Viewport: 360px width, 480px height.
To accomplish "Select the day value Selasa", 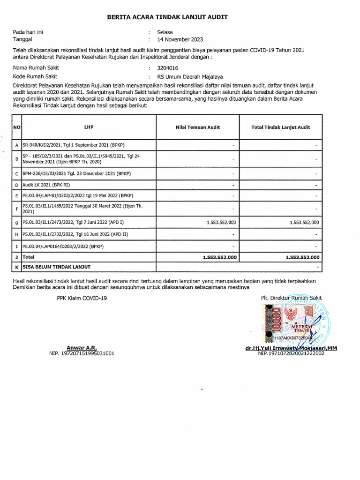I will click(x=165, y=32).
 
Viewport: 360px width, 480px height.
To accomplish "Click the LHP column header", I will click(x=89, y=127).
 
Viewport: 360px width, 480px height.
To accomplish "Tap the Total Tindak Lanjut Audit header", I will click(x=280, y=127).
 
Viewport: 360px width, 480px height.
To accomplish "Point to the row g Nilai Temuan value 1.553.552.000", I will click(x=221, y=223).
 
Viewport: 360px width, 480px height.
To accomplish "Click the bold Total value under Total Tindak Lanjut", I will click(x=302, y=257).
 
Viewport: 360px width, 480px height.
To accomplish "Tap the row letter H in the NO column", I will click(x=16, y=234).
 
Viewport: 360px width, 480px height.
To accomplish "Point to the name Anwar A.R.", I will click(x=82, y=348).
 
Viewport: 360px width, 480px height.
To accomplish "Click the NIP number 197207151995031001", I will click(x=82, y=353).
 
